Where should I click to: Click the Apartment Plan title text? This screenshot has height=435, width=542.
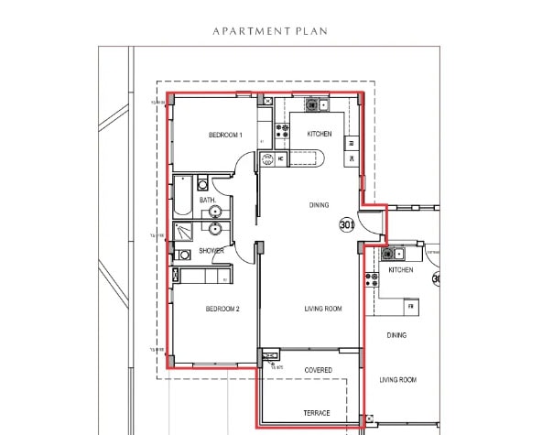270,30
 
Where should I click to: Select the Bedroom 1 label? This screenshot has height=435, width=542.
225,136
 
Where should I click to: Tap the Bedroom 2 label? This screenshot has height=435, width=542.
222,310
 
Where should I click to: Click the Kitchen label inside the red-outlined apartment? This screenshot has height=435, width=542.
319,135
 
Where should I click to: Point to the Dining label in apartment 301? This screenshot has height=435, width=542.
319,205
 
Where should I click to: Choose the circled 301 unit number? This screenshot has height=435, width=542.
347,223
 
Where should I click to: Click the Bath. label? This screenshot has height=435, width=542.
208,200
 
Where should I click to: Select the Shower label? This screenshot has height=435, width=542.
211,251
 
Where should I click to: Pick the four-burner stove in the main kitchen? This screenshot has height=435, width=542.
283,130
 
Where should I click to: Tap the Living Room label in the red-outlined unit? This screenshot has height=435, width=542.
323,310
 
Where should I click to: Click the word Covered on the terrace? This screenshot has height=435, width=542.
318,370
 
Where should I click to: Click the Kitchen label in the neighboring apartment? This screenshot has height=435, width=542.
401,270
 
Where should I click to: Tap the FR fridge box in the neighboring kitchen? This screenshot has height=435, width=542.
412,304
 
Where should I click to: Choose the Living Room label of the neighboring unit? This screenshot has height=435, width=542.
398,379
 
